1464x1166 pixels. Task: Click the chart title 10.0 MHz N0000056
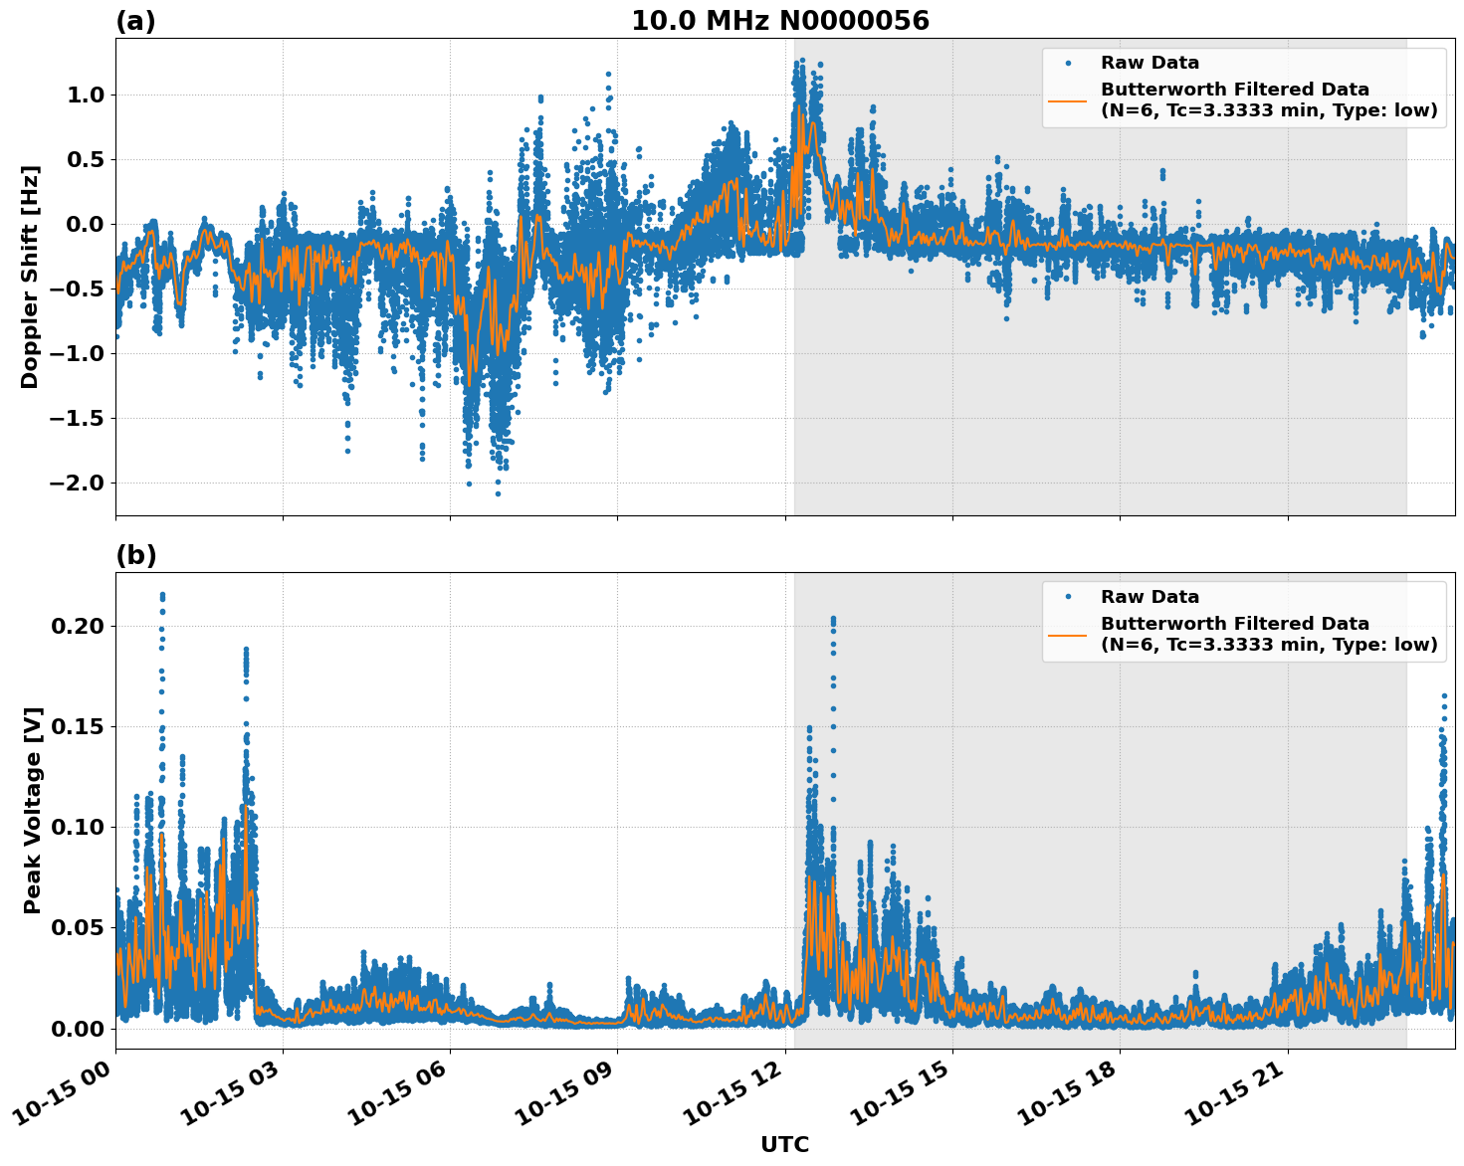779,21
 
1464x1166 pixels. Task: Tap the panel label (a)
135,21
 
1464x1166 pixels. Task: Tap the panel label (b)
135,556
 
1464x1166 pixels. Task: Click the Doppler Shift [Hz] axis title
30,277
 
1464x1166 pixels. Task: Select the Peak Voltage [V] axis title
33,810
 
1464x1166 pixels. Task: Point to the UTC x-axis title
784,1144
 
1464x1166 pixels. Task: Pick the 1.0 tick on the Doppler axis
87,95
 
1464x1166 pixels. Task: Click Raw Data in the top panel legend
1150,63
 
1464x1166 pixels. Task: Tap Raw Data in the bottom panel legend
1150,597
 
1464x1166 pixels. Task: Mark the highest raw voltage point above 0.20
162,595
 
